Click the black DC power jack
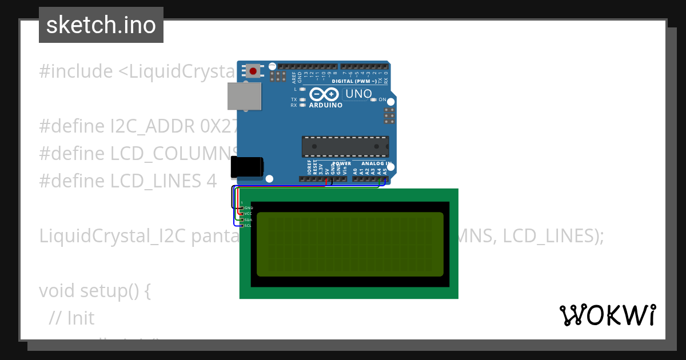pos(246,167)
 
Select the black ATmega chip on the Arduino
pos(345,146)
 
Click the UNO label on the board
pos(358,94)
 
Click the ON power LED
pos(374,99)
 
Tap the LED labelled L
pos(302,89)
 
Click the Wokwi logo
pos(607,315)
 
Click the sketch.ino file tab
pos(101,25)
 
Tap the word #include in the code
pos(76,71)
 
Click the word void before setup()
pos(57,291)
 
